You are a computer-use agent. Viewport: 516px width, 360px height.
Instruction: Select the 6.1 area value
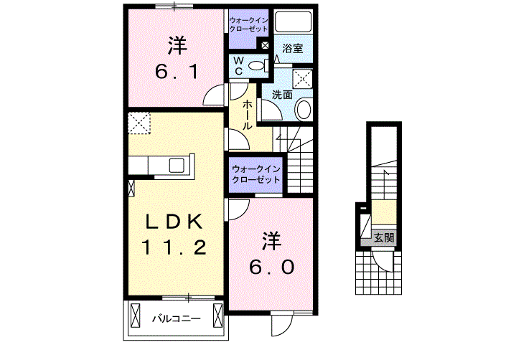177,72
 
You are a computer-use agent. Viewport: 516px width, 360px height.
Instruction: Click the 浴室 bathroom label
291,49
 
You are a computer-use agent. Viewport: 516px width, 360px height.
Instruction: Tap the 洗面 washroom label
281,94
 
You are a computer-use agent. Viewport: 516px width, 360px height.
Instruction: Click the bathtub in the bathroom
292,23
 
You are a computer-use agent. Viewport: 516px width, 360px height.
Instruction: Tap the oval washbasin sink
304,110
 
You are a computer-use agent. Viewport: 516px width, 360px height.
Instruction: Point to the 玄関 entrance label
383,238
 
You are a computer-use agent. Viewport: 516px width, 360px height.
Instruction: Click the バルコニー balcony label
176,316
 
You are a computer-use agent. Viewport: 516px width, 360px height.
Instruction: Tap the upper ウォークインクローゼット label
248,24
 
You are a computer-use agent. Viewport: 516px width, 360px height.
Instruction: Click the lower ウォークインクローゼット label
255,174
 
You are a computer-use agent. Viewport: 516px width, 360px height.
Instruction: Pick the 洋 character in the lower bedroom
270,241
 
